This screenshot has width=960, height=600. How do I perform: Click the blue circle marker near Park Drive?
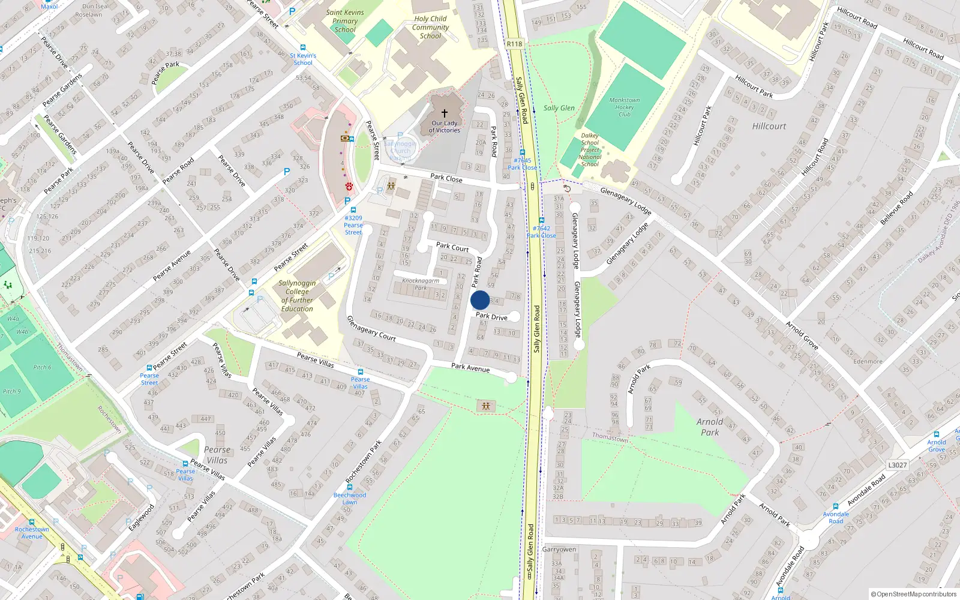click(x=480, y=301)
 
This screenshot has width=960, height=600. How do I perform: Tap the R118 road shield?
click(x=514, y=44)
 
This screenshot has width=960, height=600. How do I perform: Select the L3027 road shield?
click(x=897, y=465)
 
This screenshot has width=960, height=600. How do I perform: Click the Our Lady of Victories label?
click(x=445, y=127)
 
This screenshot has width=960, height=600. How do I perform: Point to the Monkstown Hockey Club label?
click(x=625, y=107)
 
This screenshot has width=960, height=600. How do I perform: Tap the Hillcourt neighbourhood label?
click(x=769, y=127)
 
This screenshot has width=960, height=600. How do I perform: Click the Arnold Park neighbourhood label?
click(x=710, y=427)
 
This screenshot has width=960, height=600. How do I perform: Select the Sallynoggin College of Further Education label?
click(x=297, y=296)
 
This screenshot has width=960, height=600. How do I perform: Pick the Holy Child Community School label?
click(x=430, y=27)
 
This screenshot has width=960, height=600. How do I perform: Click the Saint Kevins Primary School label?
click(x=345, y=21)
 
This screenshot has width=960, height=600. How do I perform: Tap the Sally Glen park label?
click(x=559, y=108)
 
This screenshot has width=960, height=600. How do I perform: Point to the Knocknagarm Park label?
click(x=421, y=284)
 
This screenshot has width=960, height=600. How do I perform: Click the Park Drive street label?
click(x=491, y=316)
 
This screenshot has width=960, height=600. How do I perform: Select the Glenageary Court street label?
click(x=371, y=329)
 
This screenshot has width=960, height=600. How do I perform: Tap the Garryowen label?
click(x=559, y=550)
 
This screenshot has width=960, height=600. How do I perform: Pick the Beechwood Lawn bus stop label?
click(x=350, y=499)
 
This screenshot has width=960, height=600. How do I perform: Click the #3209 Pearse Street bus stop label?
click(x=353, y=225)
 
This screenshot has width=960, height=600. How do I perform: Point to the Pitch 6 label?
click(x=42, y=367)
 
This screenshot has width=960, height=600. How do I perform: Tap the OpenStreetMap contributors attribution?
click(x=913, y=595)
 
